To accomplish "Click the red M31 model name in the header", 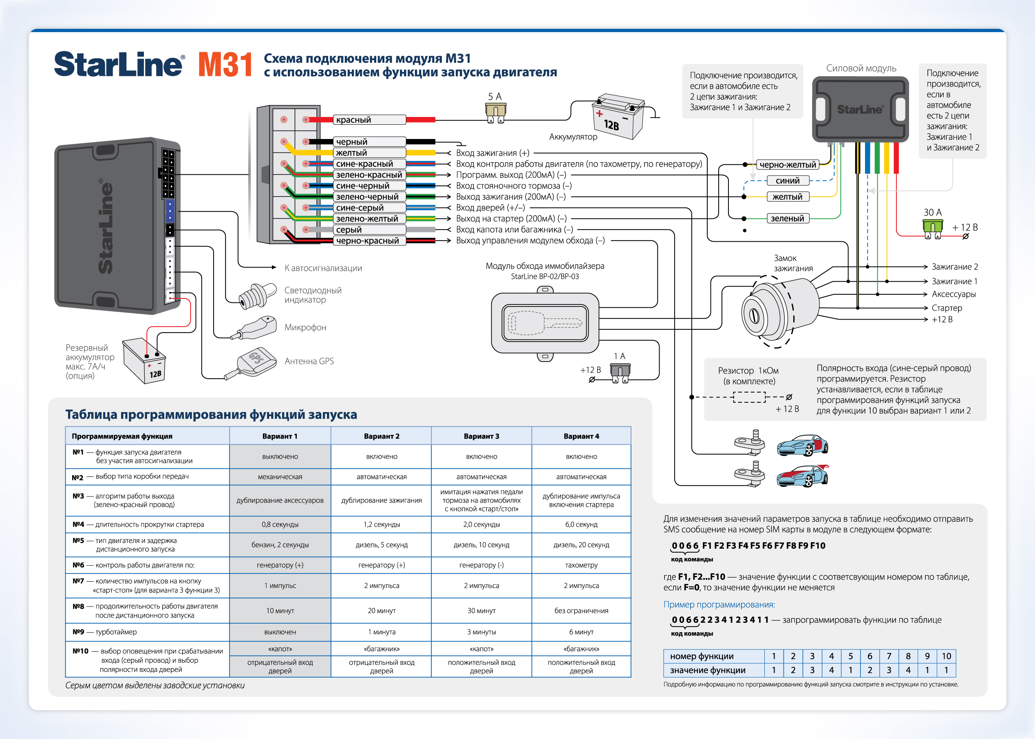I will coord(225,65).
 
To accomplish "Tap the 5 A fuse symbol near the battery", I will coord(495,112).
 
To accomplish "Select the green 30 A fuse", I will coord(932,227).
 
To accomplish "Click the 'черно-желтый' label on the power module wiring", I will coord(788,165).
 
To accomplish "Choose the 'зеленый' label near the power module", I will coord(788,218).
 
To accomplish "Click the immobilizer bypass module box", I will coord(545,323).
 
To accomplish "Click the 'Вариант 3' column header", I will coord(481,436).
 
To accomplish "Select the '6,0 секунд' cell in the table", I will coord(581,524).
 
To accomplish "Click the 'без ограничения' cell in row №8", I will coord(581,611).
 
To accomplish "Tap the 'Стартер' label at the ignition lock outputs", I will coord(947,308).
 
